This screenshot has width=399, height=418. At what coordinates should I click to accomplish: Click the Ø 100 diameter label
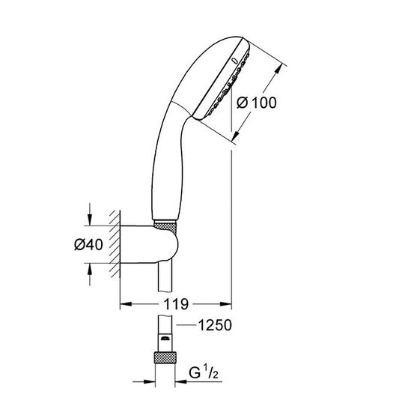click(x=257, y=103)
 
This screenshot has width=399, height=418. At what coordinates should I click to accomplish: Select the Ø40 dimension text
click(x=88, y=244)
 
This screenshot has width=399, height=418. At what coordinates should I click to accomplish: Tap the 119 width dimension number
click(x=176, y=304)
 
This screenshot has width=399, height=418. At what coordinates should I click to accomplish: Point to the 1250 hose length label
click(x=215, y=325)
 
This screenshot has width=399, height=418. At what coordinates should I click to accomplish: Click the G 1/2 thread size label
click(x=204, y=372)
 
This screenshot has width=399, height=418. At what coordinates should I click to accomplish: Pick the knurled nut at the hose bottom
click(x=165, y=358)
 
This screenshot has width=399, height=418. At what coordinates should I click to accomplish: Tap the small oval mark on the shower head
click(x=234, y=61)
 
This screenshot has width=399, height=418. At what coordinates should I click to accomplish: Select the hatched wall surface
click(x=115, y=244)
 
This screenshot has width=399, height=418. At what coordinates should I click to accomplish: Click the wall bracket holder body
click(x=149, y=245)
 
